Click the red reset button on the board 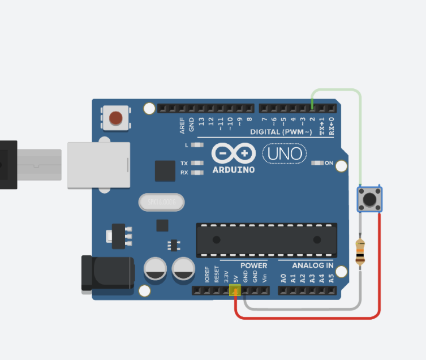tap(115, 118)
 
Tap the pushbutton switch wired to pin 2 tap(369, 199)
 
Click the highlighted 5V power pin tap(235, 291)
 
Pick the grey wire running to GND tap(300, 308)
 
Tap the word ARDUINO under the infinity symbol tap(234, 170)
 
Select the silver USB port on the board tap(98, 165)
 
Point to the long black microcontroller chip tap(266, 239)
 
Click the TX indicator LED tap(197, 164)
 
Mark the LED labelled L tap(197, 145)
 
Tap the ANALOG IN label tap(313, 265)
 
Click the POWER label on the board tap(253, 265)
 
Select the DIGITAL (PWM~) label tap(281, 132)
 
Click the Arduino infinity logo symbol tap(233, 153)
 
